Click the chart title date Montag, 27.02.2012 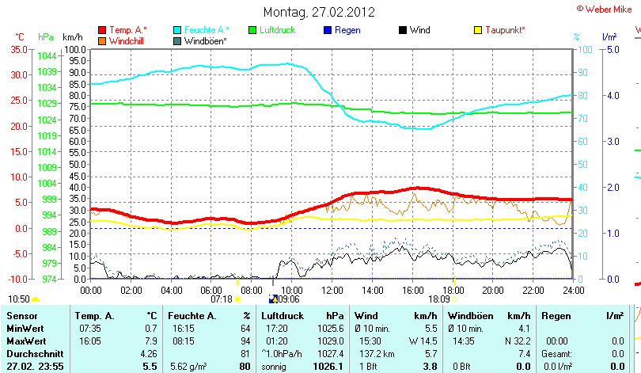coord(319,13)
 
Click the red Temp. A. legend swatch coord(102,30)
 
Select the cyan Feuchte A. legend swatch coord(177,30)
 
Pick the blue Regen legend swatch coord(328,30)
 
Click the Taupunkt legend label coord(505,30)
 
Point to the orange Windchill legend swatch coord(102,40)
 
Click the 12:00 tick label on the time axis coord(332,290)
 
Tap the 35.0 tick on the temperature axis coord(17,49)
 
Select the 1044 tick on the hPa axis coord(47,56)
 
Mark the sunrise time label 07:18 coord(221,299)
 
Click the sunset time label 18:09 coord(439,299)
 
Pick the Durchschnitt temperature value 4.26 coord(149,352)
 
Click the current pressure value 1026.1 coord(331,366)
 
